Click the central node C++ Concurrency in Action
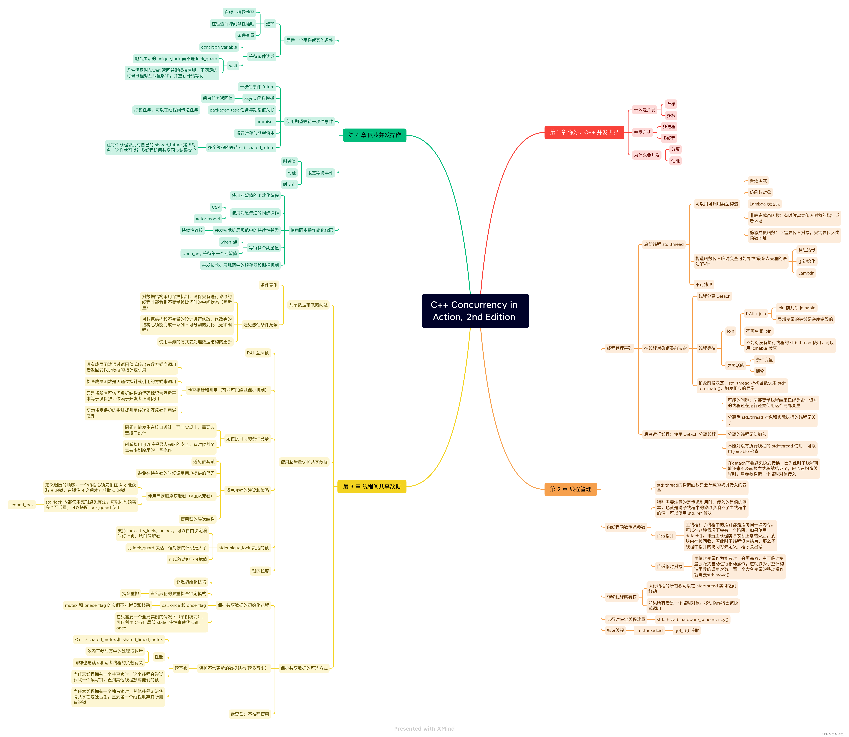475,311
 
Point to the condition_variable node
219,47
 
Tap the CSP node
216,207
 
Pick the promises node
265,122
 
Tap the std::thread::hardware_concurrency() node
692,619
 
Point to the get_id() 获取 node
687,631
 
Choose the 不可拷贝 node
704,285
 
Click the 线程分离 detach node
714,296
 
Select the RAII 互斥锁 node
258,353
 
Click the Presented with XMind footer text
424,728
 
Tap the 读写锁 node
181,668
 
